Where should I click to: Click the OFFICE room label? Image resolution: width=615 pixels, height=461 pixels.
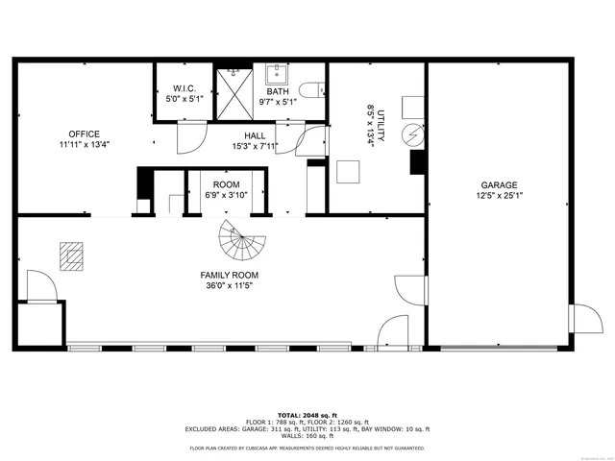click(x=84, y=133)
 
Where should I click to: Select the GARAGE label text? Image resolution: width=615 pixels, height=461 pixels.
click(x=500, y=184)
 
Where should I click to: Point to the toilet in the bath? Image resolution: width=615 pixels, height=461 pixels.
click(x=310, y=90)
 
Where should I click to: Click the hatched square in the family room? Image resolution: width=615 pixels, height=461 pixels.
click(x=71, y=255)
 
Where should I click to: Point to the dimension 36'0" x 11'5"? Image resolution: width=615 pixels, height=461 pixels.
click(x=231, y=285)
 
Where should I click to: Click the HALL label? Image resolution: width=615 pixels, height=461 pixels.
click(x=255, y=135)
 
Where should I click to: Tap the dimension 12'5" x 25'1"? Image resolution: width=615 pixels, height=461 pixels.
click(x=500, y=196)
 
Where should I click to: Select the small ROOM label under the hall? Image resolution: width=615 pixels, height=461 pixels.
click(x=226, y=183)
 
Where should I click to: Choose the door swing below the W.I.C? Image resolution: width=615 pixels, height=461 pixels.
click(x=190, y=142)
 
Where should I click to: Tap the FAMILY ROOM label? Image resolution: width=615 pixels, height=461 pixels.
click(x=231, y=274)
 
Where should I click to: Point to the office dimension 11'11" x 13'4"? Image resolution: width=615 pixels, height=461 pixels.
click(x=84, y=145)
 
